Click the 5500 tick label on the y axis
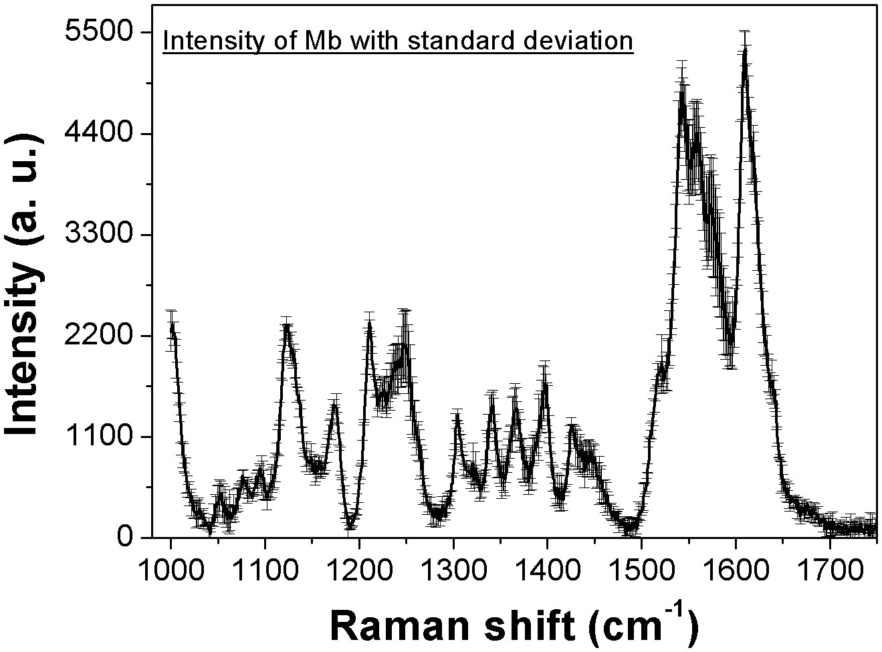[98, 32]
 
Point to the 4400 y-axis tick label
[98, 133]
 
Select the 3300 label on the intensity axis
[98, 235]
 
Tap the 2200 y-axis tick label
[98, 336]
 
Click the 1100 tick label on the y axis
[98, 437]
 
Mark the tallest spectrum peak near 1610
[744, 51]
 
